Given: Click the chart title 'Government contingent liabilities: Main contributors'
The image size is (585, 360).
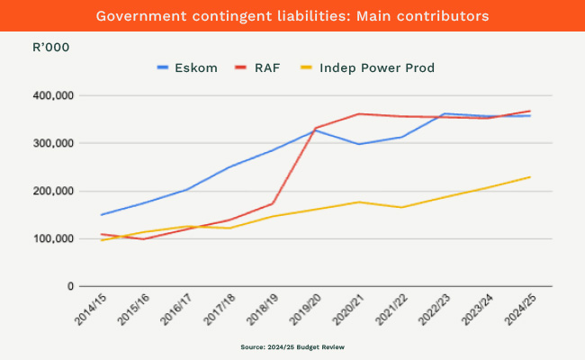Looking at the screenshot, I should [292, 16].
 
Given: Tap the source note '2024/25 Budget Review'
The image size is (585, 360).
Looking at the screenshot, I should [292, 346].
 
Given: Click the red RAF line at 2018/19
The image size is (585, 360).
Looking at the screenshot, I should [273, 203].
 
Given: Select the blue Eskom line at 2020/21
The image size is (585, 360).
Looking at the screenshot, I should [358, 144].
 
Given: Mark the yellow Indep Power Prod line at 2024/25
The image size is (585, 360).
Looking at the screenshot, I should [529, 177].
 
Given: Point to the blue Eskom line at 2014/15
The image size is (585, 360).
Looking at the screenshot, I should [102, 214].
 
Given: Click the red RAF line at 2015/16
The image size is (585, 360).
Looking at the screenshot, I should [144, 238].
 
